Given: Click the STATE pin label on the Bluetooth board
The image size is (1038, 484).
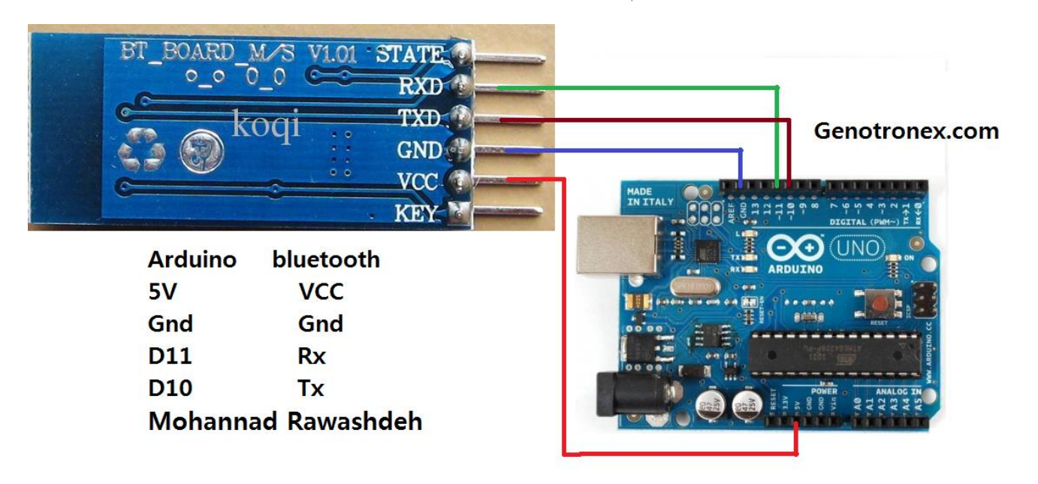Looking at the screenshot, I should [x=409, y=54].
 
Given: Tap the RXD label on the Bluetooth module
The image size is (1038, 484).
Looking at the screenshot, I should [x=421, y=86].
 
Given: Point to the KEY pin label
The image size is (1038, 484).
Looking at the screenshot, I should [x=415, y=214].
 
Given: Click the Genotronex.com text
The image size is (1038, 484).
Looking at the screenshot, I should [x=907, y=132].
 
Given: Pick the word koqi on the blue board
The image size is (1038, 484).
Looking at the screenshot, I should [x=266, y=124].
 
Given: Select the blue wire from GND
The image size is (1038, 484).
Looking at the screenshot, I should [x=623, y=150].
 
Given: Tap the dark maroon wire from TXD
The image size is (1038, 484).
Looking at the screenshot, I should [x=646, y=119].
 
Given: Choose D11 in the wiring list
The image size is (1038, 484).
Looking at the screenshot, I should [x=170, y=355].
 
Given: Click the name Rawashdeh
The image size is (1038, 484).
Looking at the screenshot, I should [x=355, y=421].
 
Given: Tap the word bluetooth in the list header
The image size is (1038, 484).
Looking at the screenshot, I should [x=326, y=259].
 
